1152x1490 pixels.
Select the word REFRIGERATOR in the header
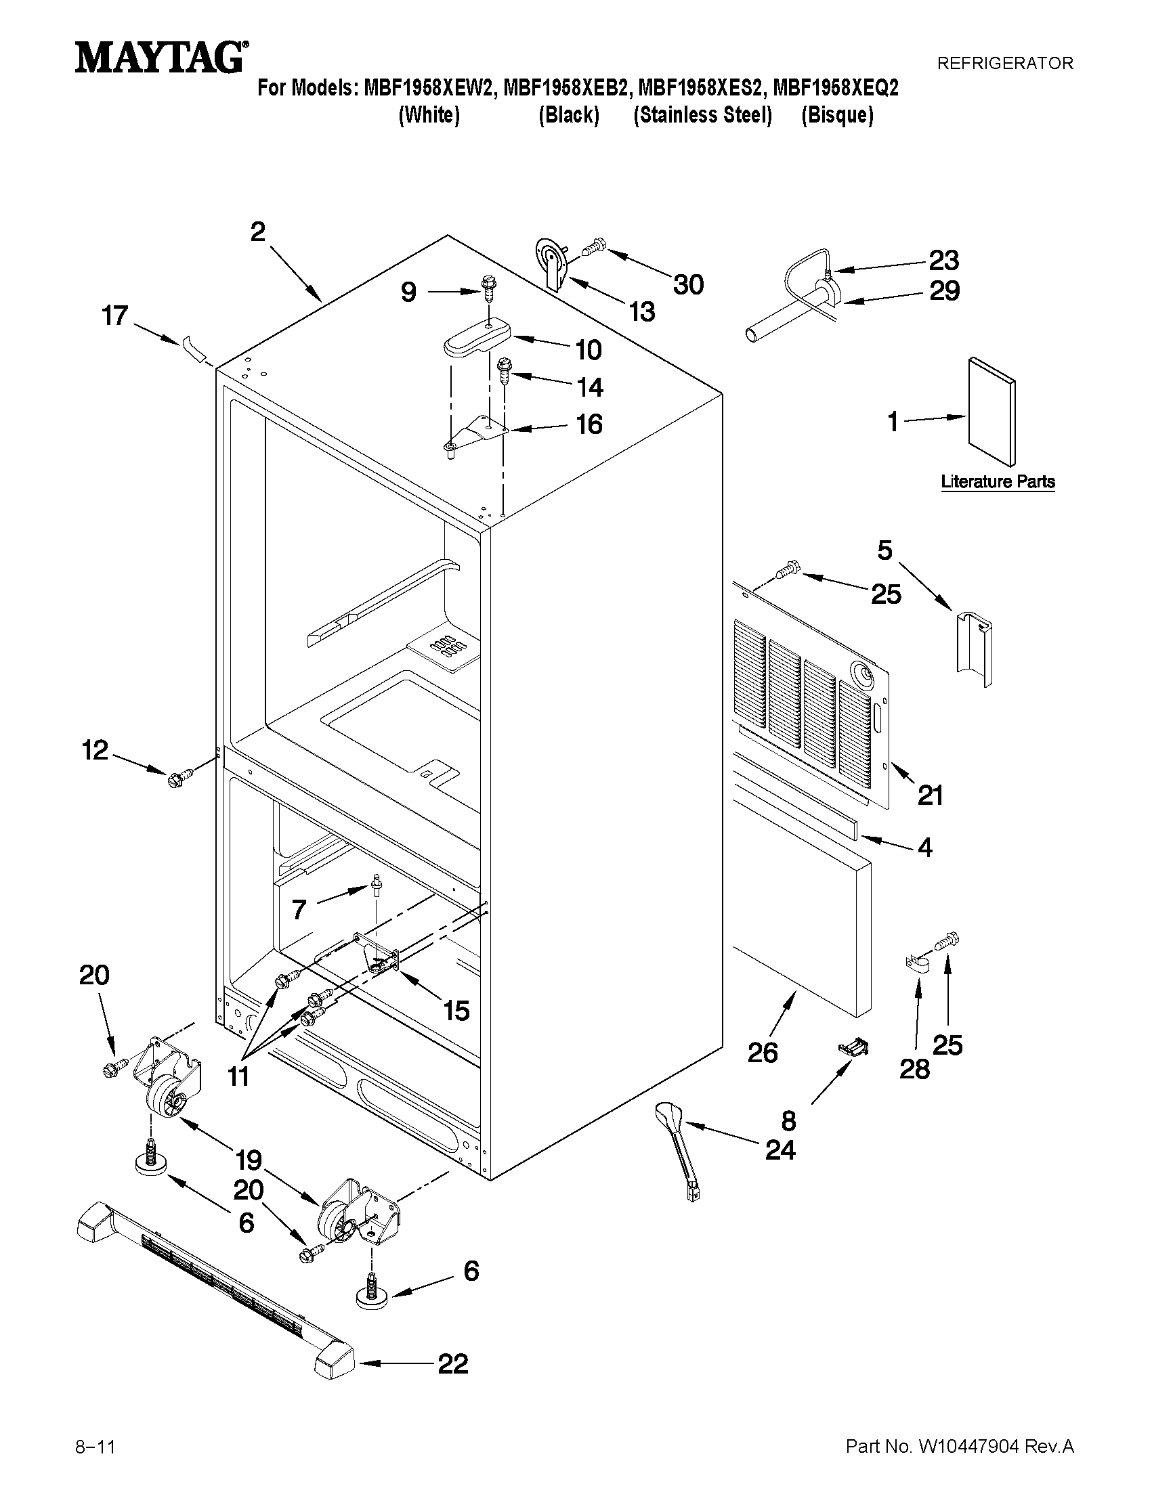tap(1004, 64)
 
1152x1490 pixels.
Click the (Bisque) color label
tap(836, 115)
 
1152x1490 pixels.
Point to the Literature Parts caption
tap(998, 481)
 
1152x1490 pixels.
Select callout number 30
tap(688, 284)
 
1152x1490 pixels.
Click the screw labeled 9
tap(489, 288)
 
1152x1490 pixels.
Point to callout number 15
tap(456, 1011)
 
